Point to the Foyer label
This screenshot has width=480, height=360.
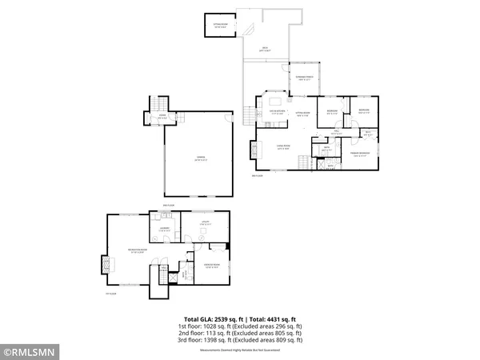click(x=162, y=118)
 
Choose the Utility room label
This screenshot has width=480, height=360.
click(x=204, y=224)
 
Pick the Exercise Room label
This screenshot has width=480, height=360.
click(x=212, y=266)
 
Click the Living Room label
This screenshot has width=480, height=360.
click(x=282, y=146)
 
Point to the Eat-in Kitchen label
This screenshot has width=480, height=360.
click(x=277, y=113)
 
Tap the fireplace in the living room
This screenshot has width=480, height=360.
click(x=254, y=150)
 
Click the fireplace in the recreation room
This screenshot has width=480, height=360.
click(x=102, y=264)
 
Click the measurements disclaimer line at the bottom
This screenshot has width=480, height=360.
click(x=241, y=348)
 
